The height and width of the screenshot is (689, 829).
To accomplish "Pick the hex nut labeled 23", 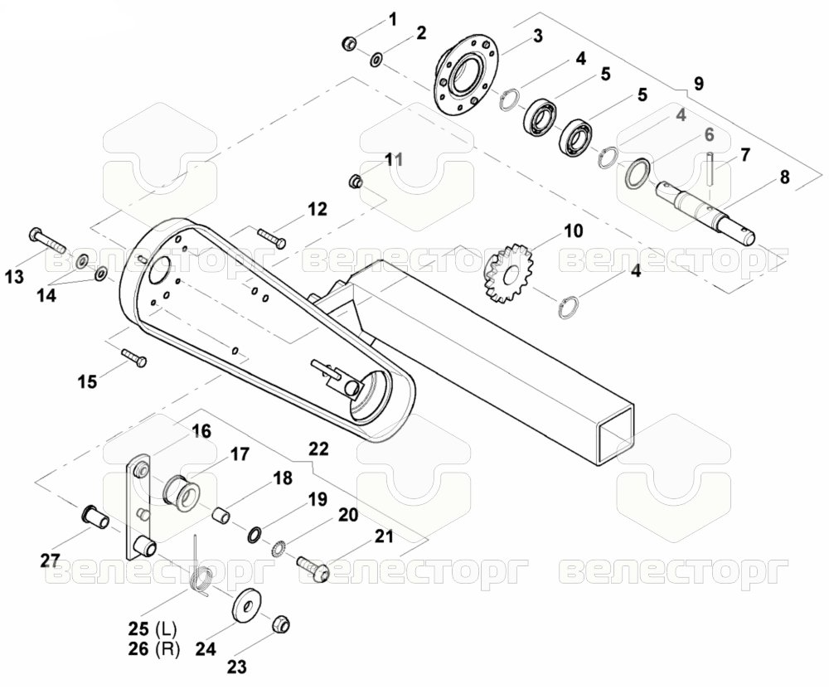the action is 279,624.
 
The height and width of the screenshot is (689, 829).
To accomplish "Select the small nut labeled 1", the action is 349,42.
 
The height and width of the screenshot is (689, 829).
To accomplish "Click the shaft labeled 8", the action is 705,212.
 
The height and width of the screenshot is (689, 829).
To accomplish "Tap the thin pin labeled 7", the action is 710,168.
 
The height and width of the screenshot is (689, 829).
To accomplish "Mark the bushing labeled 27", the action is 95,516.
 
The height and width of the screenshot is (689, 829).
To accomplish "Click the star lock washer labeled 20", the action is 277,548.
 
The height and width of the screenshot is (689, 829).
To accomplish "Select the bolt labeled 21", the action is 313,567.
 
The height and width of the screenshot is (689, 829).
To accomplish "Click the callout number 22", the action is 318,449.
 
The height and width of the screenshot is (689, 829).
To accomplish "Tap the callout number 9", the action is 698,83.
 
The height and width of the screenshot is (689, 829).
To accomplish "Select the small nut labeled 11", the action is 356,181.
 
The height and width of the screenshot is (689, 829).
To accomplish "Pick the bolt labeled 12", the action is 272,238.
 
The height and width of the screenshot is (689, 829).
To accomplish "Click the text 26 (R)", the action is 154,648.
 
